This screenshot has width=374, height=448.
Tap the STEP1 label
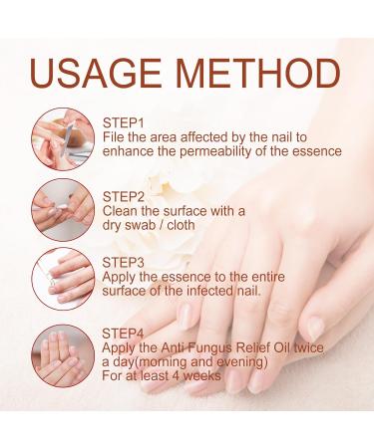[x=126, y=121]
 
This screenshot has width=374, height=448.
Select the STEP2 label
[x=126, y=195]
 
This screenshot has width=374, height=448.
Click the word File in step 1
[x=114, y=136]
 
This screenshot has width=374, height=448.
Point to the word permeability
[x=220, y=151]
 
